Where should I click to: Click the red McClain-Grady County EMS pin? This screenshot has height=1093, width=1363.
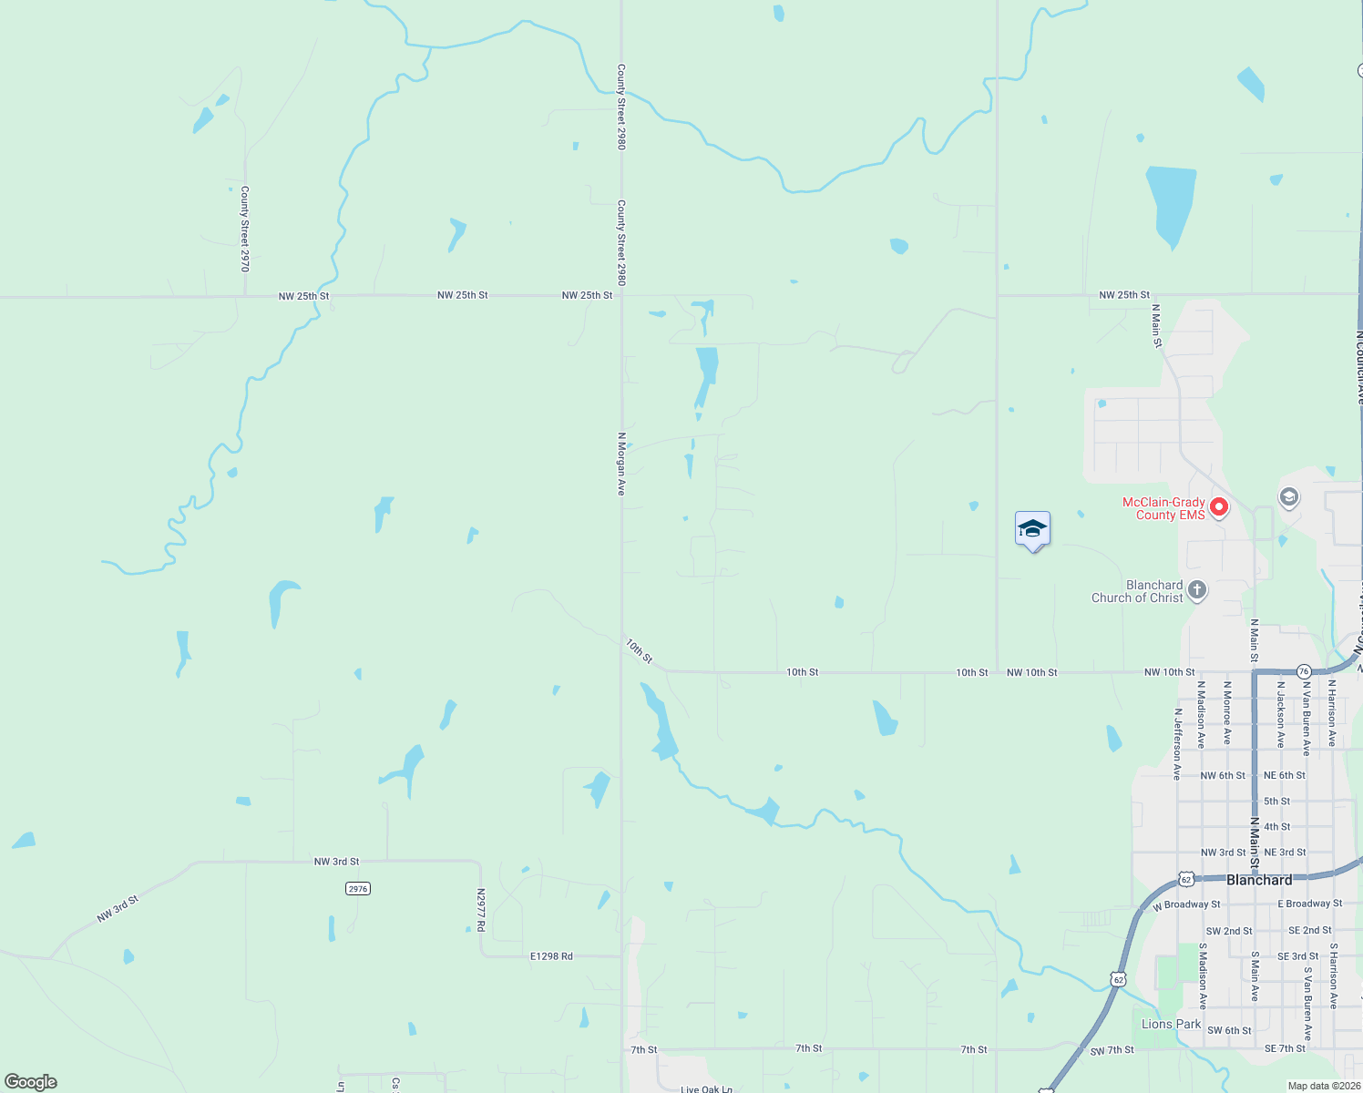coord(1219,506)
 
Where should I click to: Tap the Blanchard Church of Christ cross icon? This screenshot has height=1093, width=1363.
coord(1197,590)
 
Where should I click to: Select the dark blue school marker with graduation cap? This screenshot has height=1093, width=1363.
coord(1032,530)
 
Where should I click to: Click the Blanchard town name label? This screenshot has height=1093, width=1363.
coord(1259,880)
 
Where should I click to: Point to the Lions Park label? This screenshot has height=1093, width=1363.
coord(1171,1024)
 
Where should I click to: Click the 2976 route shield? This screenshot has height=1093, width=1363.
coord(358,888)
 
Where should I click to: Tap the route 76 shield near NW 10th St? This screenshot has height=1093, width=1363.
coord(1304,671)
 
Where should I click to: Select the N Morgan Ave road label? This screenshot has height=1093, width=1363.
coord(621,464)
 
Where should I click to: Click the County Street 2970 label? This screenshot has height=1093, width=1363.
coord(244,229)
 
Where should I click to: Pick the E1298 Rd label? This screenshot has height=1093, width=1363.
coord(551,956)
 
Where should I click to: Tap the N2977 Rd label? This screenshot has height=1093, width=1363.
coord(481,910)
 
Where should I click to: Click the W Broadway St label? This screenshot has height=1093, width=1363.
coord(1186,904)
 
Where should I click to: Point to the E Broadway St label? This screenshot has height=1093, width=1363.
coord(1309,904)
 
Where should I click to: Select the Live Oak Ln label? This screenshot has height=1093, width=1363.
coord(706,1088)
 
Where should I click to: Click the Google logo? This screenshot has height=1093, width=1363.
coord(31,1082)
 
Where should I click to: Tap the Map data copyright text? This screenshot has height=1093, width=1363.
coord(1324,1086)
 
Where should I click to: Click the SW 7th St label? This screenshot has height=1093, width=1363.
coord(1112,1050)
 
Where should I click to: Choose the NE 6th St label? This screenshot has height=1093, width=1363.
coord(1284,775)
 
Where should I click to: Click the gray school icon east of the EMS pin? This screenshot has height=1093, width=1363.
coord(1288,497)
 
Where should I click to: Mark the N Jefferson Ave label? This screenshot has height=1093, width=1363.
coord(1177,744)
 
